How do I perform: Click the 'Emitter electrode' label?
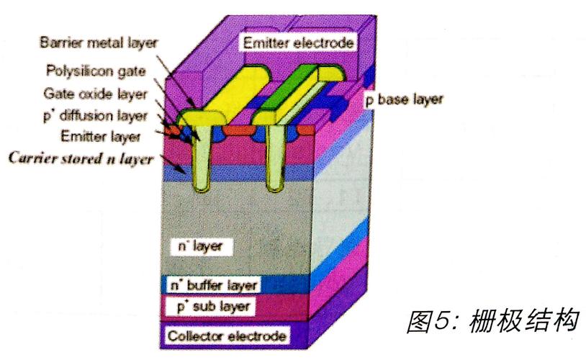(298, 42)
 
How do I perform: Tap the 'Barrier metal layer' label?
(99, 42)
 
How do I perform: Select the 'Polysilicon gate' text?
(96, 71)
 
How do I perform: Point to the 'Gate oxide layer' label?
(95, 94)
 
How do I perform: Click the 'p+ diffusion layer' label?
(95, 115)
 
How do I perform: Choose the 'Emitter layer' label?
(101, 136)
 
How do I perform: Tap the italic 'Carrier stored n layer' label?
(81, 158)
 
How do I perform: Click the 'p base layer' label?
(404, 99)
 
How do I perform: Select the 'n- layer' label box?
(201, 247)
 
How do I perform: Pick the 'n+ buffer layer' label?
(214, 286)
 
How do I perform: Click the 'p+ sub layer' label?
(213, 307)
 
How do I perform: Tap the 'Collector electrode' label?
(227, 336)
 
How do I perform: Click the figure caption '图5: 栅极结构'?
(493, 321)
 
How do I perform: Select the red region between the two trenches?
(239, 130)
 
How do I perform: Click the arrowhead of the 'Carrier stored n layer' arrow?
(183, 172)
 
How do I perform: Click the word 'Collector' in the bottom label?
(196, 336)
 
